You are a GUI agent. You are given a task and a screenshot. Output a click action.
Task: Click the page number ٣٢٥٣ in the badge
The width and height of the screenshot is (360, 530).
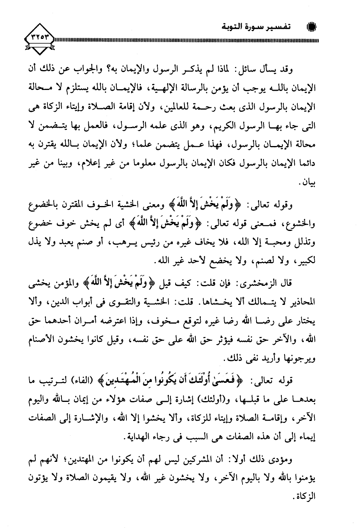tap(41, 39)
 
